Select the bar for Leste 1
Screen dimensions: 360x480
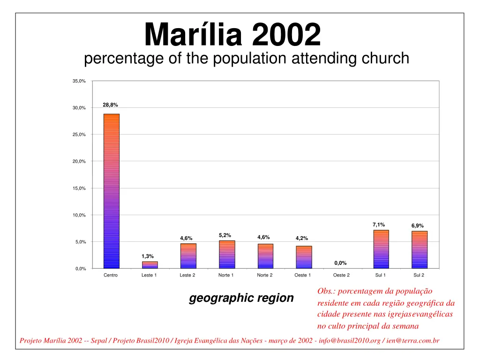[150, 265]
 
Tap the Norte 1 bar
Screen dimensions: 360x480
[227, 254]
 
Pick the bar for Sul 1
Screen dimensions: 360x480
[381, 249]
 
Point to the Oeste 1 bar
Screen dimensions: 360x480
[304, 257]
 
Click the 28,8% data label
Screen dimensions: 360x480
[110, 105]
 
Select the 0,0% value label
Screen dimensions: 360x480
[340, 263]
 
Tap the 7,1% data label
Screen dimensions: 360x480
[379, 225]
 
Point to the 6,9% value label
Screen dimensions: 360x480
[417, 226]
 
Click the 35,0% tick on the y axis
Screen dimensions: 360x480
[79, 82]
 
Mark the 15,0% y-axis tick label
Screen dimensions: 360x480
[79, 188]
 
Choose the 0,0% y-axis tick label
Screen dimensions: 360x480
[80, 269]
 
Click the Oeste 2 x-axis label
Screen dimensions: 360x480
[341, 275]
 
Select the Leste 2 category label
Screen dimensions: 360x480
[187, 275]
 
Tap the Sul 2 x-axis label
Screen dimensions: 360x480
[419, 275]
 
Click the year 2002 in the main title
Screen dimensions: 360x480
[286, 35]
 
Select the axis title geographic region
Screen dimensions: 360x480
[241, 298]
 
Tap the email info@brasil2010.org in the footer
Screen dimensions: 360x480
[349, 341]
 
